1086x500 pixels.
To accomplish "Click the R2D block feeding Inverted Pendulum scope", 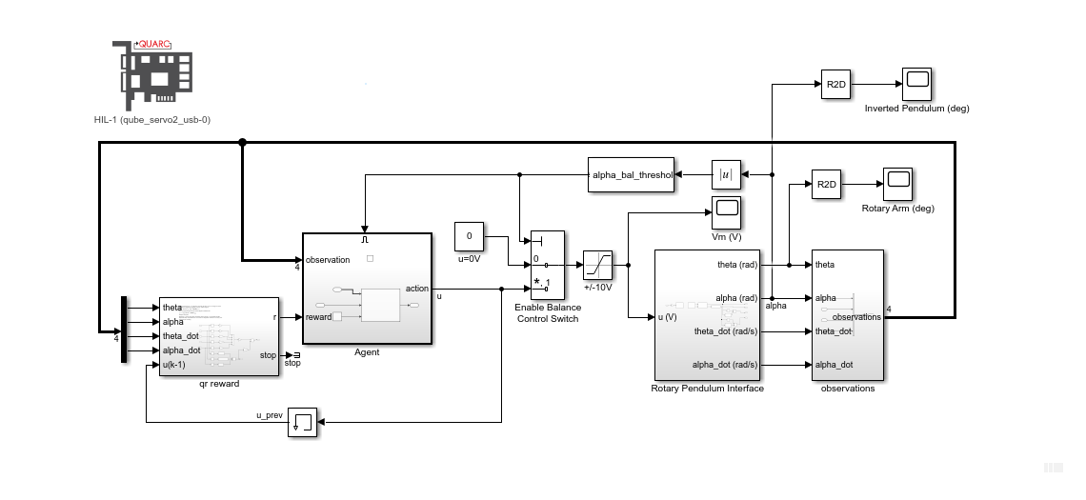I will [x=835, y=85].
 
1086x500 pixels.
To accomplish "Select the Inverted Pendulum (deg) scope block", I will [x=917, y=85].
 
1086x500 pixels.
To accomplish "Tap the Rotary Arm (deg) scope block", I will [x=896, y=184].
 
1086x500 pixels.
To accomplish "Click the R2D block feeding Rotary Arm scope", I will [x=826, y=184].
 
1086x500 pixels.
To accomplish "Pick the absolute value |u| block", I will [x=726, y=174].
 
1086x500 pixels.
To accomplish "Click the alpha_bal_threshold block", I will [x=631, y=175].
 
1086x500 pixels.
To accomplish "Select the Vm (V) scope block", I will [x=726, y=212].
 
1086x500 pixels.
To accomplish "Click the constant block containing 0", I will [x=469, y=235].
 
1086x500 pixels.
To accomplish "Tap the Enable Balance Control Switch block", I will [x=547, y=264].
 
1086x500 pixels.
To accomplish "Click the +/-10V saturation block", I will [x=597, y=264].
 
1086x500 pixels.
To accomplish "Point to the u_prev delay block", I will [x=302, y=422].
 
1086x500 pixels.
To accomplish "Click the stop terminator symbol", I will [x=296, y=355].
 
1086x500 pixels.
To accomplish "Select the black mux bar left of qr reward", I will [x=124, y=330].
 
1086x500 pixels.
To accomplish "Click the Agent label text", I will [x=367, y=352].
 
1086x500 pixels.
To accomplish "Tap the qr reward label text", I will [x=219, y=384].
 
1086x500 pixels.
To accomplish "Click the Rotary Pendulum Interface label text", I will [x=707, y=388].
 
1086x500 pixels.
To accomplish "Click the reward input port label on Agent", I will [x=318, y=317].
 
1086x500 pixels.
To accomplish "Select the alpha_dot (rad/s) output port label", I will [x=725, y=365].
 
